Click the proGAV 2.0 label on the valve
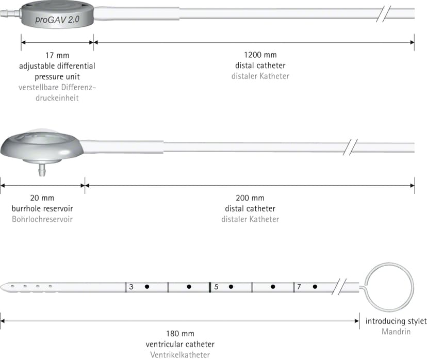click(x=57, y=20)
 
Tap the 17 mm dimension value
click(x=57, y=55)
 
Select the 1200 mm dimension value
click(x=260, y=55)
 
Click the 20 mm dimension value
click(x=42, y=198)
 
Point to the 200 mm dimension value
click(x=250, y=198)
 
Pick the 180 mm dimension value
click(x=180, y=334)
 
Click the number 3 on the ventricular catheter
click(x=132, y=287)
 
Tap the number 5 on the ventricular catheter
click(x=216, y=287)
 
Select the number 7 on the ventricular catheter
click(x=299, y=287)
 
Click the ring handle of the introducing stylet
click(x=389, y=264)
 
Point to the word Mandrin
click(x=396, y=332)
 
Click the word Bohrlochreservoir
click(x=42, y=219)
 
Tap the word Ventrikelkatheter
click(x=180, y=355)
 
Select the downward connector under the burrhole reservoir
click(x=42, y=170)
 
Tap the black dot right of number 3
click(x=147, y=287)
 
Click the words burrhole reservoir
click(x=42, y=208)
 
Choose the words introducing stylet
click(x=396, y=321)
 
